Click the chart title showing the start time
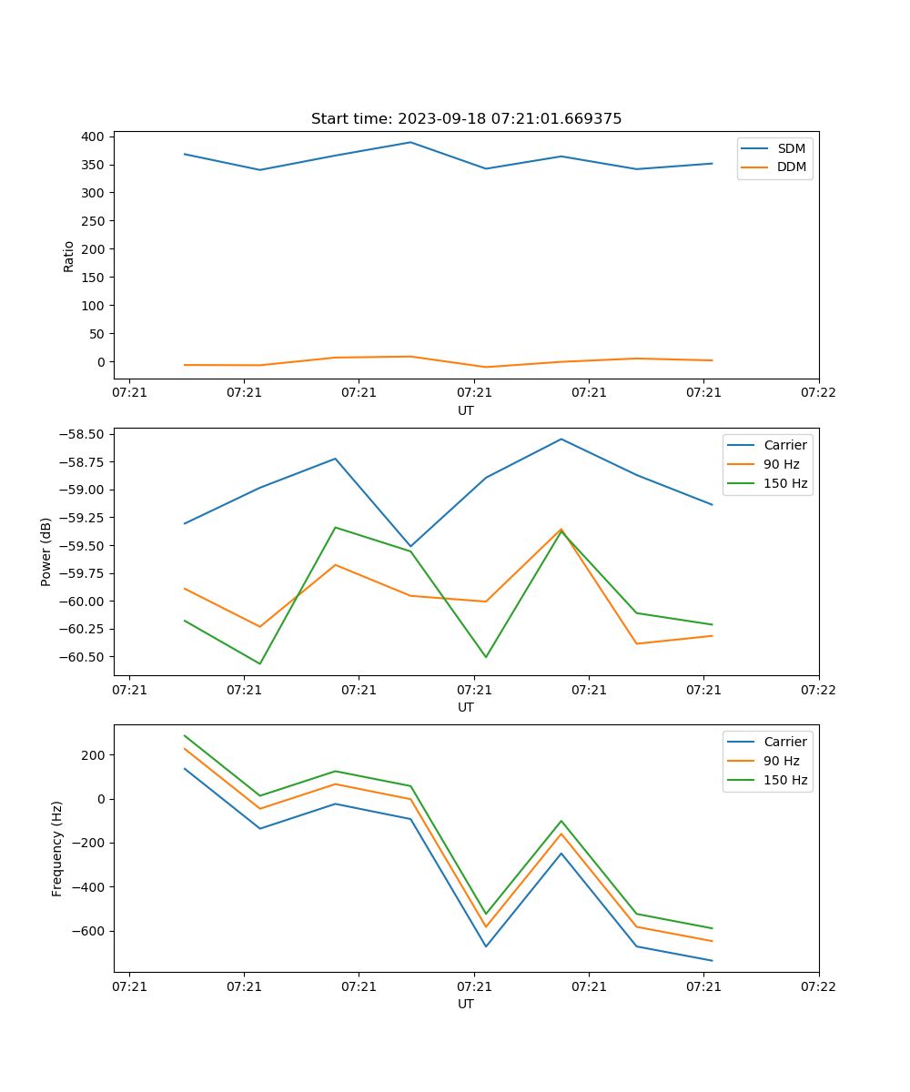pyautogui.click(x=466, y=119)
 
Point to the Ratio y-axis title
pyautogui.click(x=69, y=256)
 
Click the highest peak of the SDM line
pyautogui.click(x=410, y=142)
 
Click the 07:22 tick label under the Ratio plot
pyautogui.click(x=818, y=392)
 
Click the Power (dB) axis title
pyautogui.click(x=46, y=552)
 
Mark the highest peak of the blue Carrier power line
pyautogui.click(x=561, y=439)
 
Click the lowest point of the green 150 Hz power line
pyautogui.click(x=260, y=663)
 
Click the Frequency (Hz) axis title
pyautogui.click(x=57, y=848)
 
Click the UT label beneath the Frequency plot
pyautogui.click(x=466, y=1004)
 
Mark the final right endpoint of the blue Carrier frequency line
pyautogui.click(x=712, y=960)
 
